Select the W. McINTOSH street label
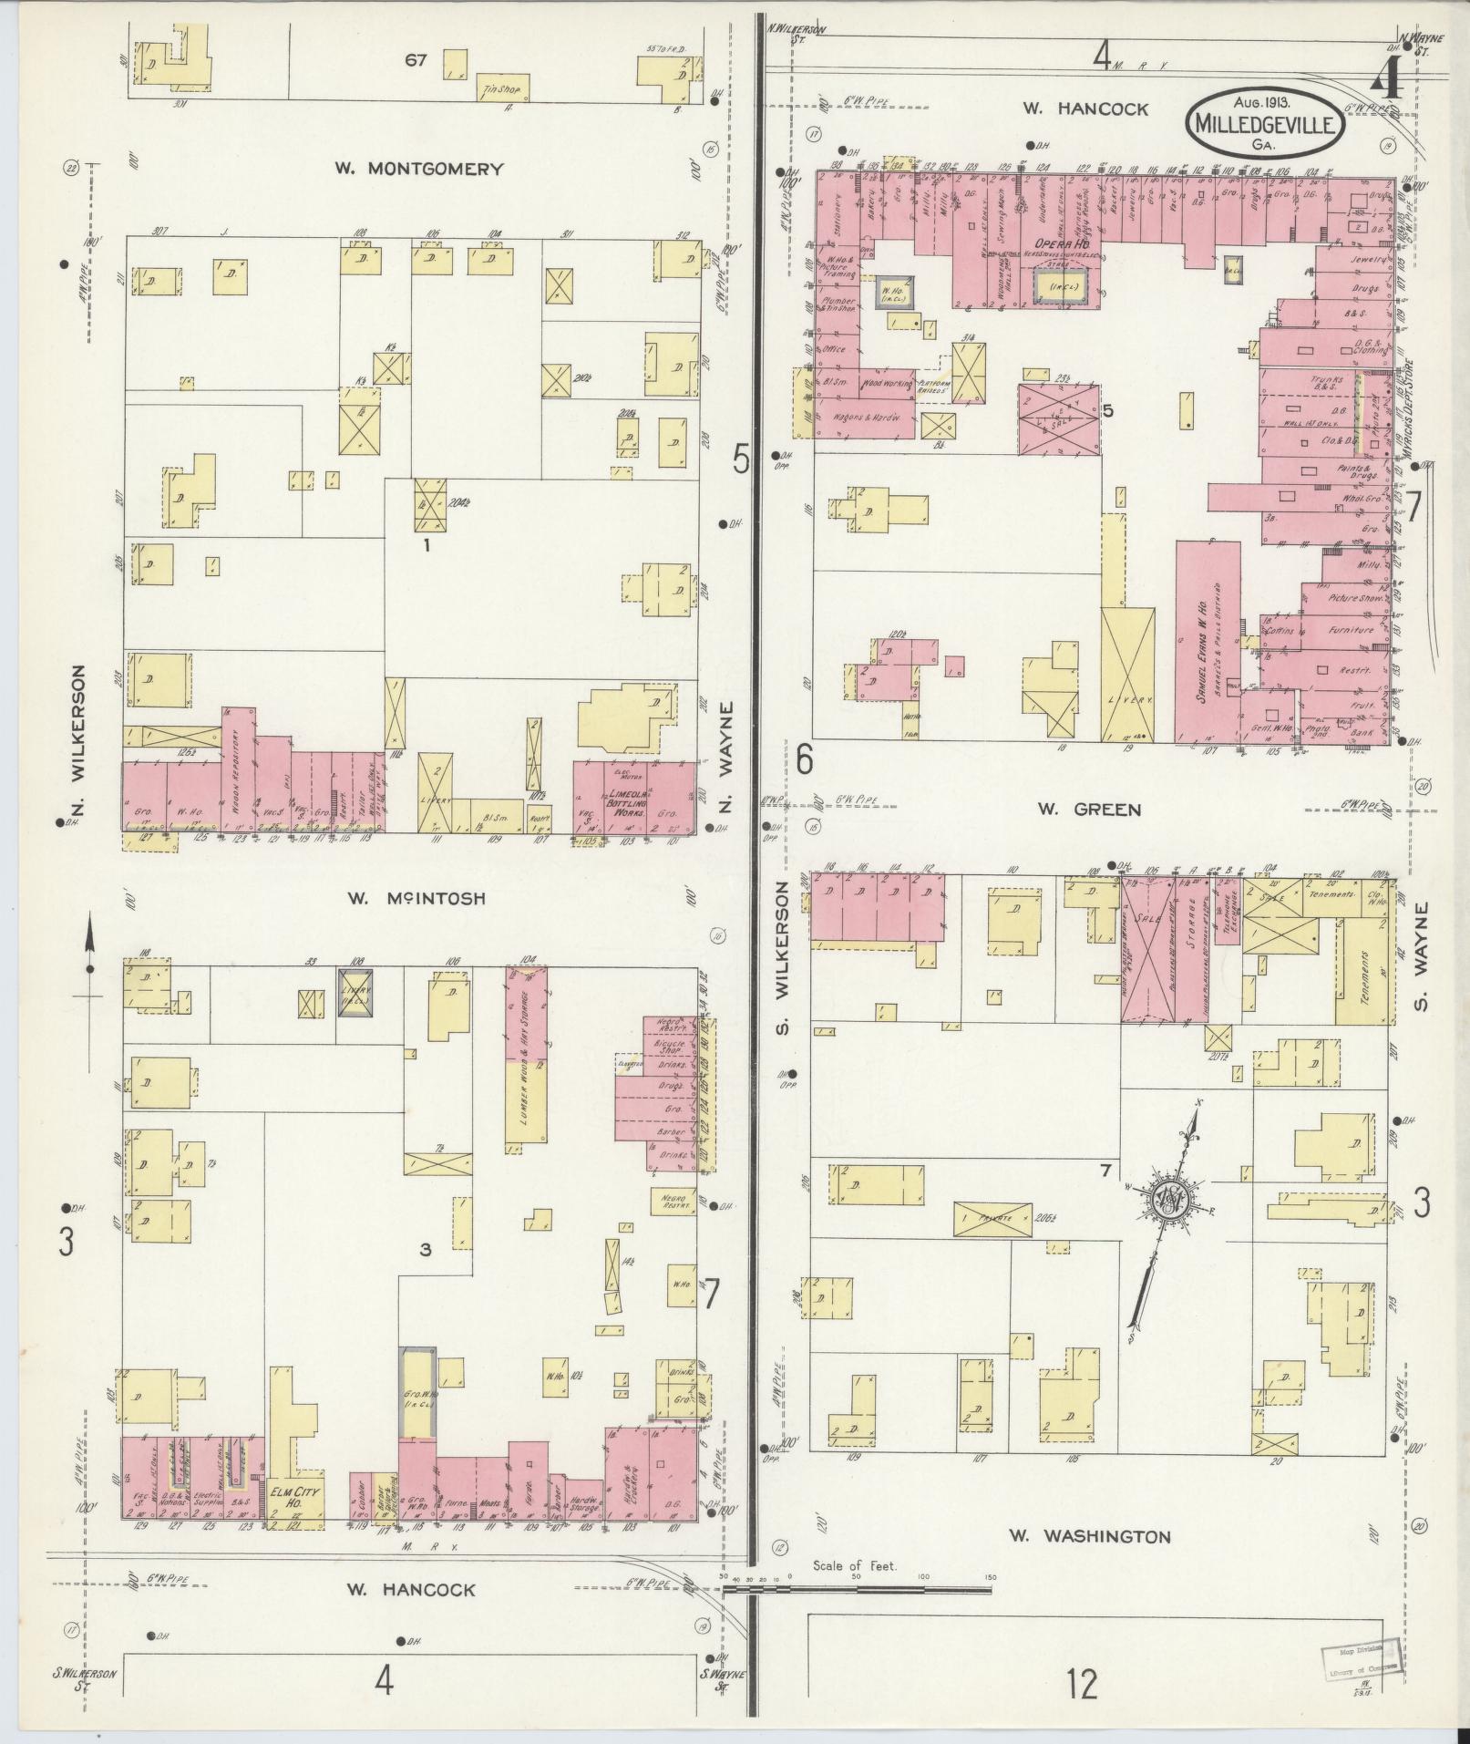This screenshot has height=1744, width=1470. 416,898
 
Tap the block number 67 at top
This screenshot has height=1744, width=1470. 416,60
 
